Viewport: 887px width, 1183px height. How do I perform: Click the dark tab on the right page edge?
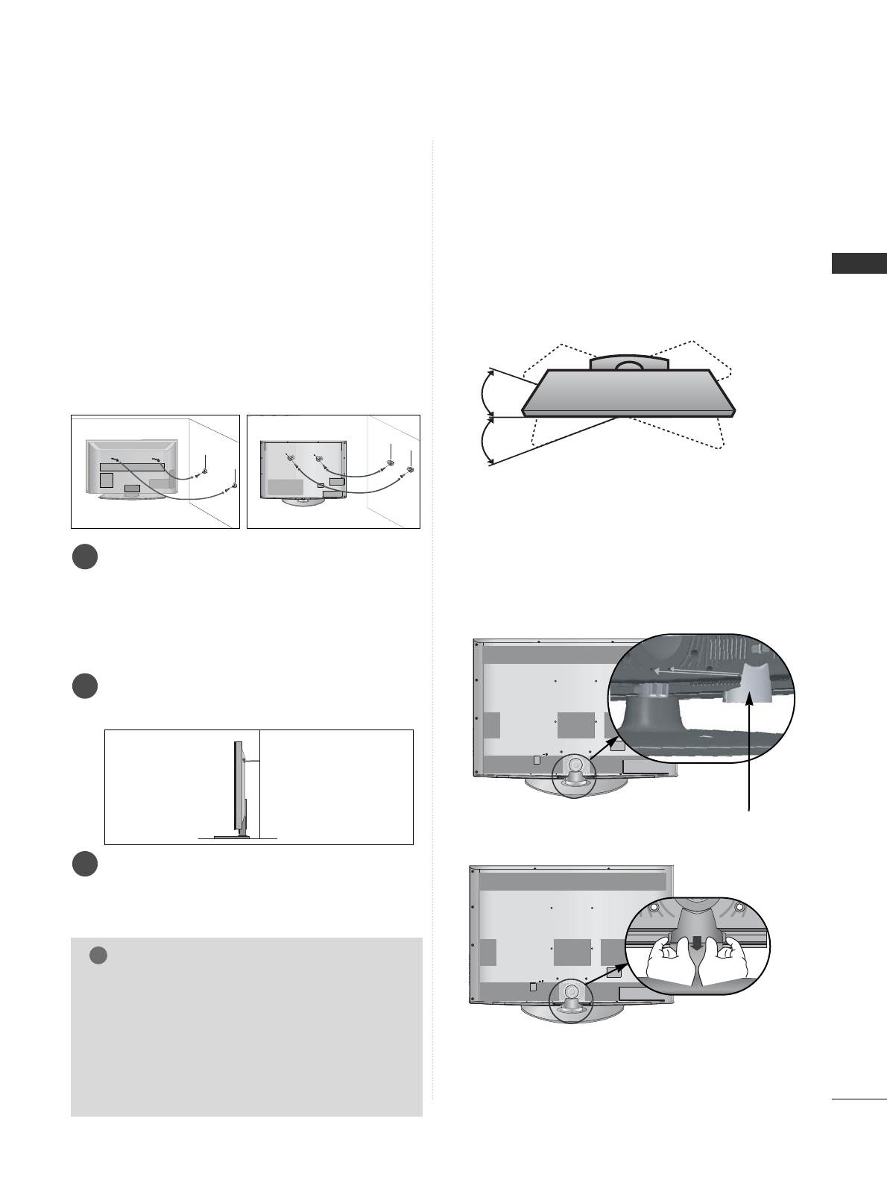859,264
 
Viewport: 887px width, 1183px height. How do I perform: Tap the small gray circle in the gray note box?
98,956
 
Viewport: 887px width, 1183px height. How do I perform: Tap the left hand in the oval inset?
670,968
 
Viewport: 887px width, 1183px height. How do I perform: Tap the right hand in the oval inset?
724,968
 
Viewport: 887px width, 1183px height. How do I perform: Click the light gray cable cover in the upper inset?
742,684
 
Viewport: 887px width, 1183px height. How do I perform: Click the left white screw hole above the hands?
654,908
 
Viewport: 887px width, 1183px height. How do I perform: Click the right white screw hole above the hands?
739,908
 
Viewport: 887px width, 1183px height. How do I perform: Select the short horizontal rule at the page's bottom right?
857,1098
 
